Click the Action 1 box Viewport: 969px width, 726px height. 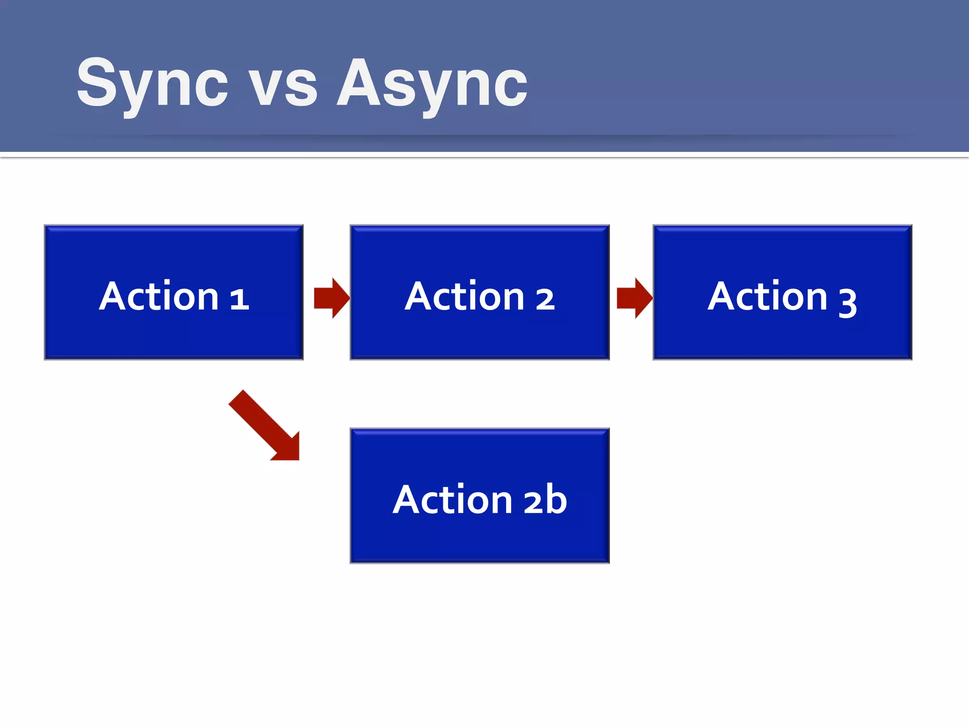tap(174, 292)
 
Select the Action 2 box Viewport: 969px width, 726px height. tap(479, 292)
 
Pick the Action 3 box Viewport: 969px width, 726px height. tap(782, 292)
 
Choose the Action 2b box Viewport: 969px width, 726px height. tap(479, 495)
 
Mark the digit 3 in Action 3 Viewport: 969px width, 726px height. tap(847, 302)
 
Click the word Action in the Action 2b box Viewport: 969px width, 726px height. tap(453, 499)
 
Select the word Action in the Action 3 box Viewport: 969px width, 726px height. tap(767, 296)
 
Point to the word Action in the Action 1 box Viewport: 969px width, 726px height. tap(159, 296)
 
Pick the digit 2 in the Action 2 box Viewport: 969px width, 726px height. tap(545, 299)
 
